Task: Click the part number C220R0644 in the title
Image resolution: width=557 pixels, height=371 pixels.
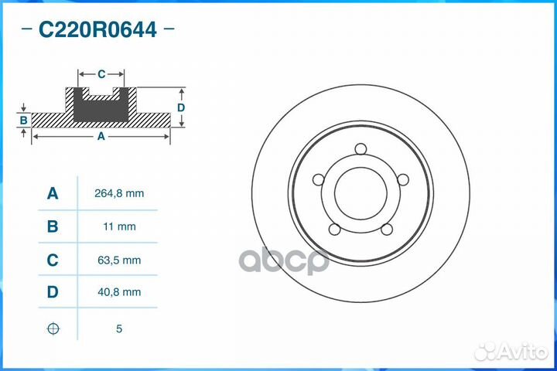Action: [97, 30]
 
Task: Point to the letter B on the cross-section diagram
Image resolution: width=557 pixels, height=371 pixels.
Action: [24, 121]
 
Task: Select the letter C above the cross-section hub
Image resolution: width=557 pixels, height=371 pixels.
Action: [101, 74]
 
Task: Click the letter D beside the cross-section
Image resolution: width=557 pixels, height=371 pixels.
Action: [180, 107]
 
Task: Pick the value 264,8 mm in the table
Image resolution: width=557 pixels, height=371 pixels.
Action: [119, 194]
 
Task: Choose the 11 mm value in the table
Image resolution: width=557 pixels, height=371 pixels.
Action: [119, 227]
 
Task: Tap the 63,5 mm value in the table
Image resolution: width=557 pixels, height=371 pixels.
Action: [119, 260]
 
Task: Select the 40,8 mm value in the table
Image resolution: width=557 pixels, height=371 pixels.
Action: [119, 293]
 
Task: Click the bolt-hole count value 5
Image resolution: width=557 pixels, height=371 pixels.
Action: [119, 328]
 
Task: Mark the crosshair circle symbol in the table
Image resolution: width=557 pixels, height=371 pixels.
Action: [53, 328]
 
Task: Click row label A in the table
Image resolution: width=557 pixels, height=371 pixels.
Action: [53, 194]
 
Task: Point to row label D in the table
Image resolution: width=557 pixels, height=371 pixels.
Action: [53, 293]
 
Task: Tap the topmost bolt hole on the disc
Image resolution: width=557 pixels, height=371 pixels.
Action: [360, 149]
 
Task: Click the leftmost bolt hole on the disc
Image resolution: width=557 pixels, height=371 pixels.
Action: [317, 179]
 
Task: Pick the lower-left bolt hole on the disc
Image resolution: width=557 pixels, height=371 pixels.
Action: [333, 229]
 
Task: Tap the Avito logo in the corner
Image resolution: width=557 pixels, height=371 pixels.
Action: [511, 352]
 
